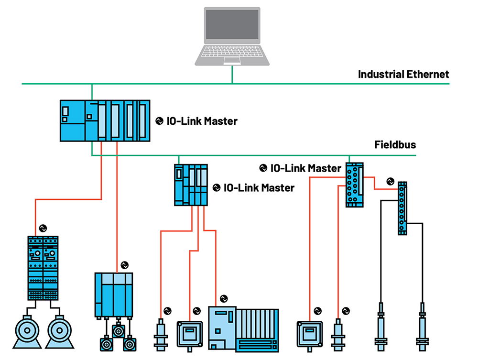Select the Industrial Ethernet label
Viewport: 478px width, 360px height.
403,74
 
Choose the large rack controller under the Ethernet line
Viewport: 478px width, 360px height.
105,120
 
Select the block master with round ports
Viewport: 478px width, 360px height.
355,185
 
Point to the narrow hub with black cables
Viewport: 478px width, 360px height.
402,207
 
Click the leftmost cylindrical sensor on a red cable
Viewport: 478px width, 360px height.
160,335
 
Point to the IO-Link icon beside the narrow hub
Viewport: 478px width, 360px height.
391,181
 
